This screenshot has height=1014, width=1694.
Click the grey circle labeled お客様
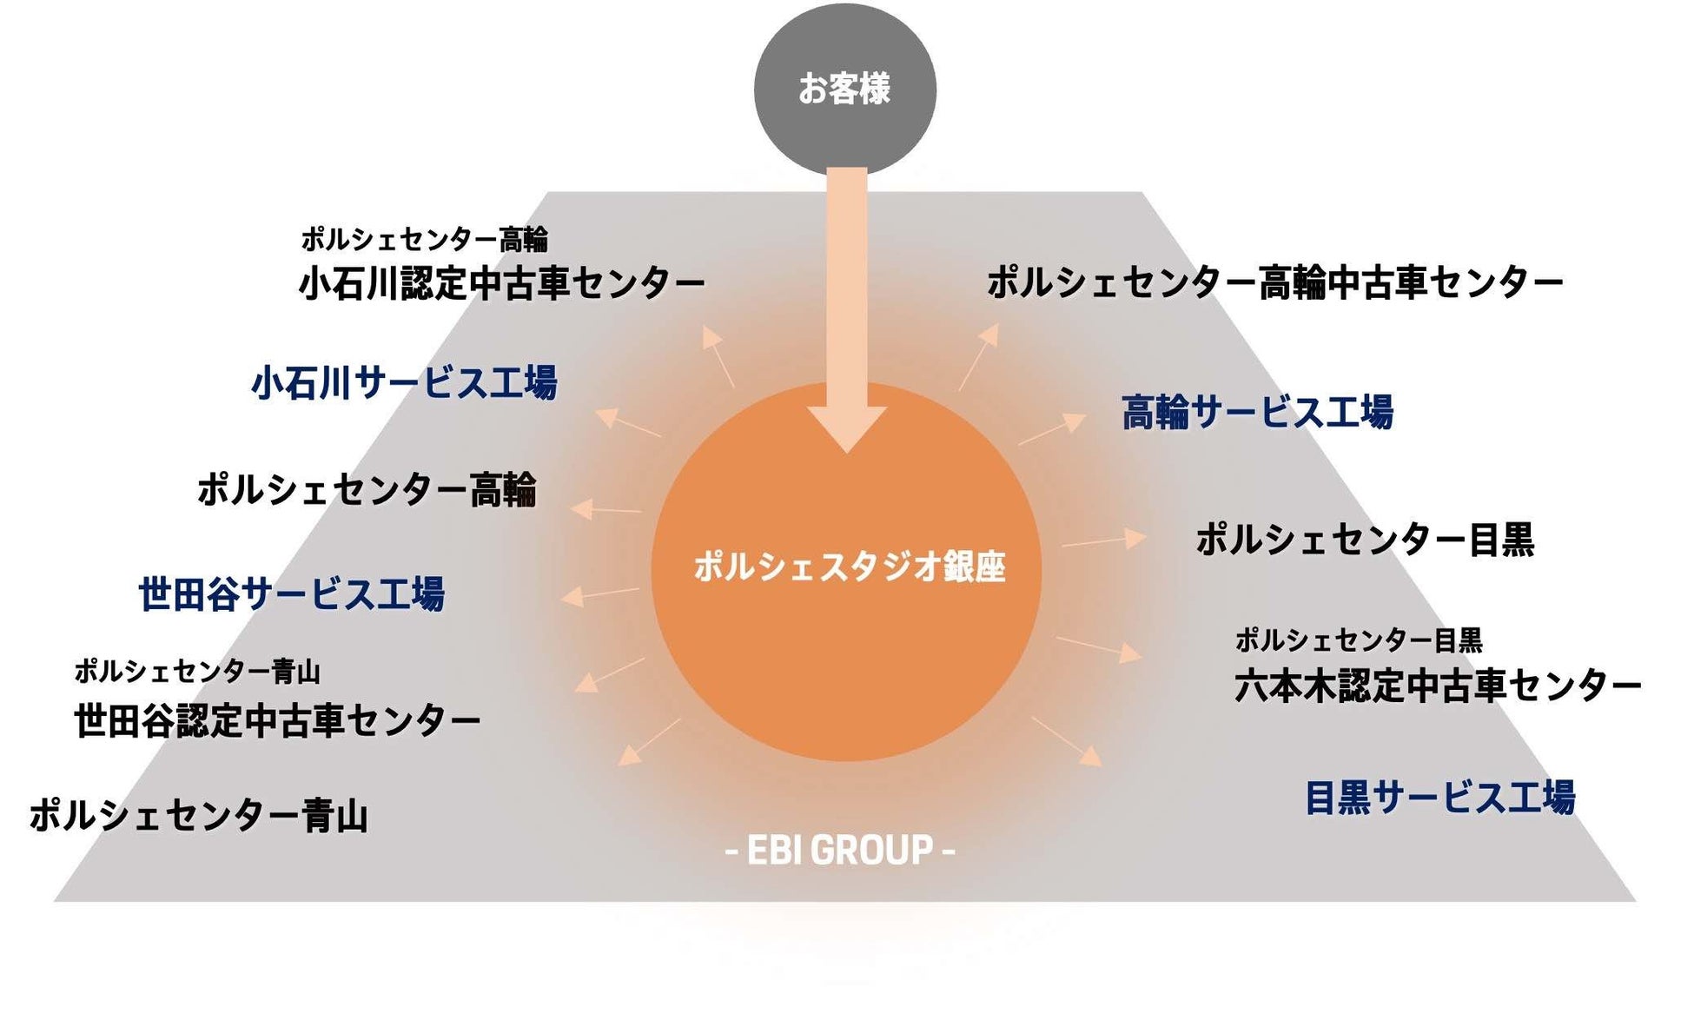click(844, 89)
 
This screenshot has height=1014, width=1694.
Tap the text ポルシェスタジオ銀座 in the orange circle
click(849, 567)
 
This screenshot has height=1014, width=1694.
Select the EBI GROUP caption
click(839, 850)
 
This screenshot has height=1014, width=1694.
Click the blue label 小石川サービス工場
click(404, 382)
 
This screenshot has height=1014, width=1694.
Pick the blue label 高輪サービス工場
click(1257, 412)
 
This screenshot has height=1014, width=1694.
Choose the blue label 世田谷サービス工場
click(292, 594)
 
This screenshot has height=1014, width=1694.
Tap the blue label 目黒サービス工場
click(1439, 798)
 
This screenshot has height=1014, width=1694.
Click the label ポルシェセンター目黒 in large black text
click(1365, 540)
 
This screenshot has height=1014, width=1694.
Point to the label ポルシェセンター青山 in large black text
click(199, 816)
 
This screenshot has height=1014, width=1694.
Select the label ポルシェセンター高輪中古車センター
click(1274, 283)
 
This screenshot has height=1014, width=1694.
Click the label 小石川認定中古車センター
click(501, 283)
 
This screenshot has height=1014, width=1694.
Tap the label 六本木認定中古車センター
click(1437, 686)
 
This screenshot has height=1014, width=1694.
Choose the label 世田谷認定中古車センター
click(277, 721)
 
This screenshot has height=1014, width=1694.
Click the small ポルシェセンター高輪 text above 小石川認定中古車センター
click(425, 239)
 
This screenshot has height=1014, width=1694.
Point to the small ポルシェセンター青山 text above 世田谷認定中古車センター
click(197, 671)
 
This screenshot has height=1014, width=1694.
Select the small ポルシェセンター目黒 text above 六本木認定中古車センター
click(1358, 640)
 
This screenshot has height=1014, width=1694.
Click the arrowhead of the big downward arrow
click(847, 427)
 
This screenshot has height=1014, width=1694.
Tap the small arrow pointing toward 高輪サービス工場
click(1053, 430)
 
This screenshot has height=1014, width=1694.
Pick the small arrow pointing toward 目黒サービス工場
click(1067, 741)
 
